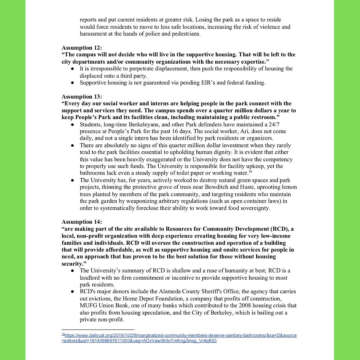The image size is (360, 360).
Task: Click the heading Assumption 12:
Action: click(x=82, y=48)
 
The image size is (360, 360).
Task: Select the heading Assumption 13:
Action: click(x=82, y=97)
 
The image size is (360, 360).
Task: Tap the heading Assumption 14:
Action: click(x=82, y=222)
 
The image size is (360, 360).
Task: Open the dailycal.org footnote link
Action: click(x=179, y=335)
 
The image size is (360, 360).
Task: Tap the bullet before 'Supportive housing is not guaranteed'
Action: click(x=72, y=83)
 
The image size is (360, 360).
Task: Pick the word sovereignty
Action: click(x=256, y=208)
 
